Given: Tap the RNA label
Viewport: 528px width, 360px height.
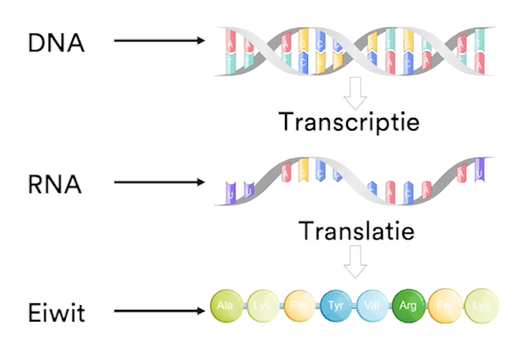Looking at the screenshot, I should pyautogui.click(x=55, y=183).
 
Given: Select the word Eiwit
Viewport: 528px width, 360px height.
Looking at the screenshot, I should pyautogui.click(x=57, y=313).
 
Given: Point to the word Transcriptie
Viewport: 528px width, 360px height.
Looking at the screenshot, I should pyautogui.click(x=349, y=121).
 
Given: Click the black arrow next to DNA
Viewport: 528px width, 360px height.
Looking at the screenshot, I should pyautogui.click(x=160, y=41).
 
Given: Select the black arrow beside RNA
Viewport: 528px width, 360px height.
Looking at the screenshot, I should pyautogui.click(x=160, y=183).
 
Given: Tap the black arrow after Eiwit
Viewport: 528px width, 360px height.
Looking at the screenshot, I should pyautogui.click(x=160, y=313).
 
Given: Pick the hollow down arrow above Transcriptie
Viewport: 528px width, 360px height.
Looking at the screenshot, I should pyautogui.click(x=355, y=90).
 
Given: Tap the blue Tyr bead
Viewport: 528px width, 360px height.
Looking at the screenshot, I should pyautogui.click(x=335, y=306).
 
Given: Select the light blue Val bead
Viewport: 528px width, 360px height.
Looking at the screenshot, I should pyautogui.click(x=372, y=306).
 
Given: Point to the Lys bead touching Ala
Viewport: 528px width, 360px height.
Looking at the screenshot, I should pyautogui.click(x=262, y=306).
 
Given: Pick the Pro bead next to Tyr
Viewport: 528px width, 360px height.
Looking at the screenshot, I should pyautogui.click(x=299, y=306).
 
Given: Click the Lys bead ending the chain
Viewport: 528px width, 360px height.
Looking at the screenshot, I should pyautogui.click(x=481, y=306).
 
